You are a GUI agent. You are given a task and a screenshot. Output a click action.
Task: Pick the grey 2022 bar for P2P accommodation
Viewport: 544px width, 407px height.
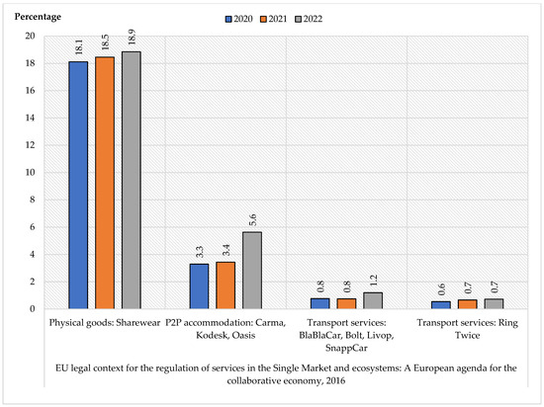251,270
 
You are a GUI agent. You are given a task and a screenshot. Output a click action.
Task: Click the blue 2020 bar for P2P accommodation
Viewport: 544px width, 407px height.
199,285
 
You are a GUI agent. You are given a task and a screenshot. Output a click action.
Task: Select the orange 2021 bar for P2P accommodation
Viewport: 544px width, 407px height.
225,285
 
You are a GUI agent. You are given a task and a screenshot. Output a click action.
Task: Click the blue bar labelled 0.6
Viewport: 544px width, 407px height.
440,304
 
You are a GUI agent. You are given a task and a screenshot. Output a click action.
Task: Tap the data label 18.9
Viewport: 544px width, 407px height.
131,38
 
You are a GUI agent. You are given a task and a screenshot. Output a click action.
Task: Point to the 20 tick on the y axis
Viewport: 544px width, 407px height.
30,37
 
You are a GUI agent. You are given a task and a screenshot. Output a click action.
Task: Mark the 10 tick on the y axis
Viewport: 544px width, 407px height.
30,172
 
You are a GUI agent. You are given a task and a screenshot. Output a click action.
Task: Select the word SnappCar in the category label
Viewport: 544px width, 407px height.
345,348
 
